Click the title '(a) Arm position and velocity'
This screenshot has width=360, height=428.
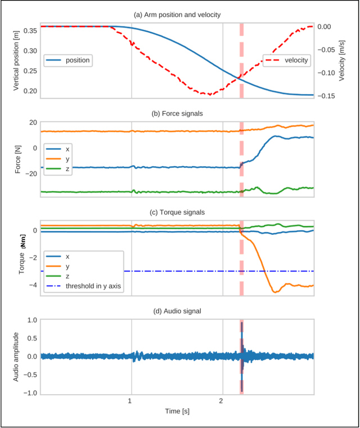coord(177,14)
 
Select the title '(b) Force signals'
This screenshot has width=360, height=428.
coord(177,113)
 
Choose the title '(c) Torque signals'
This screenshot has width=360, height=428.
coord(177,212)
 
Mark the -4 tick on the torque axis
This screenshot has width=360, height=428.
coord(32,285)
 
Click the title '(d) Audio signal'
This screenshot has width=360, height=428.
coord(177,311)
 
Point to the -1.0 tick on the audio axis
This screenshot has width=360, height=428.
coord(29,393)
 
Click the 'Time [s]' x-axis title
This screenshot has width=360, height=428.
coord(177,412)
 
